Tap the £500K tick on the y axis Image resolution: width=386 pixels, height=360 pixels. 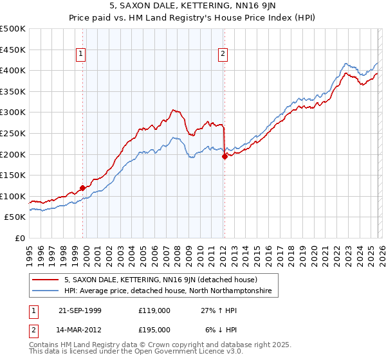pos(13,29)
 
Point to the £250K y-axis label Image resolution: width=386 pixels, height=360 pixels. pos(13,133)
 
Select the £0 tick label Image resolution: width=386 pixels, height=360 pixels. pos(20,238)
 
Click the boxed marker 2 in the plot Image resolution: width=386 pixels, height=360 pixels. pos(223,55)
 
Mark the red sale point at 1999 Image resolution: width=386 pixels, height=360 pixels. pos(83,188)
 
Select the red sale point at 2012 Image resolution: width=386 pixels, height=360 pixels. pos(225,156)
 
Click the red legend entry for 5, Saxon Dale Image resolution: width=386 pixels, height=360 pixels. pos(161,280)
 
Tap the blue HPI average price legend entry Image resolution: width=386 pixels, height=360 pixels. pos(167,291)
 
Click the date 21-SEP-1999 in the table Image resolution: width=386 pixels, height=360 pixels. pos(80,310)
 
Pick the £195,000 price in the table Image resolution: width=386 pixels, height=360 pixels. pos(154,329)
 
